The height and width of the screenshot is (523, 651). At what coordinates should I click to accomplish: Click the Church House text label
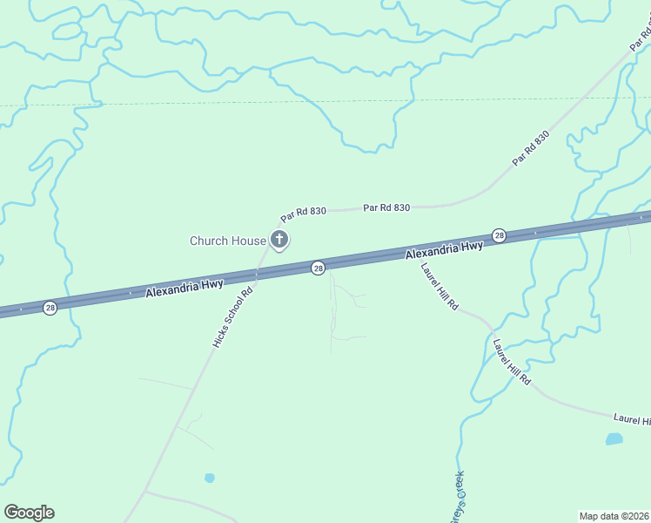pos(228,241)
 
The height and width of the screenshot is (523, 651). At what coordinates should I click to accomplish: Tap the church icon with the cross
pos(279,240)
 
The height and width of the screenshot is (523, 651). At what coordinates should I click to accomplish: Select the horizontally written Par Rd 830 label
pos(386,207)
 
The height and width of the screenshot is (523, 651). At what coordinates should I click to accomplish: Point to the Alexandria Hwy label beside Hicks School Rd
pos(185,288)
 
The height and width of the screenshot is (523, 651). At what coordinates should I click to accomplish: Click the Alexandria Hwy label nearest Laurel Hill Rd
pos(444,250)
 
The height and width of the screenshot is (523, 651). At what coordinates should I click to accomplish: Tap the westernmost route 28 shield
pos(50,308)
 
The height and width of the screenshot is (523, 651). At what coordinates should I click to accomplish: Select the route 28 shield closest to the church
pos(318,268)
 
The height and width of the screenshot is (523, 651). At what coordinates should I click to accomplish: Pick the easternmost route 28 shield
pos(499,235)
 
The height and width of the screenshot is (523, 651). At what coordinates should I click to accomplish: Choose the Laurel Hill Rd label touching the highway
pos(440,287)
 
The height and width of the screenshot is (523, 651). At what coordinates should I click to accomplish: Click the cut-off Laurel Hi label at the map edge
pos(632,420)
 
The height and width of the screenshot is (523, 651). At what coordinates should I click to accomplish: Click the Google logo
pos(29,513)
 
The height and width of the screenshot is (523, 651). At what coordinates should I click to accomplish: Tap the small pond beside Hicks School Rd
pos(209,478)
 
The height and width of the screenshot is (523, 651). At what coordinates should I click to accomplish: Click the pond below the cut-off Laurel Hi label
pos(614,438)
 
